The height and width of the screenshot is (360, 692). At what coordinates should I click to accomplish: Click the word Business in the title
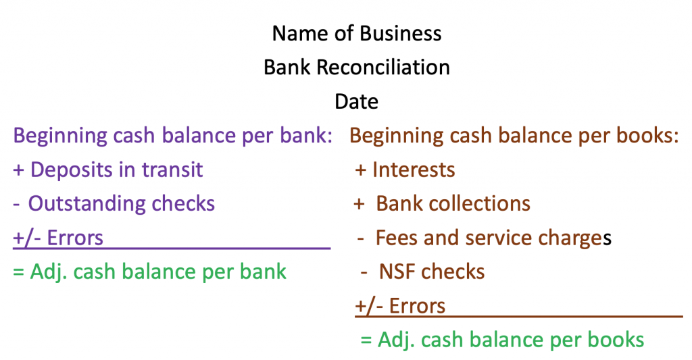pyautogui.click(x=400, y=34)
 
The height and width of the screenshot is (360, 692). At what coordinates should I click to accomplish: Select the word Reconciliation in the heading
pyautogui.click(x=383, y=68)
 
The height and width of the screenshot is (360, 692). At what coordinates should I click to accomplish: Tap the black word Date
pyautogui.click(x=357, y=101)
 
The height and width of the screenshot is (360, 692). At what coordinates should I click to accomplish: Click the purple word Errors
pyautogui.click(x=75, y=238)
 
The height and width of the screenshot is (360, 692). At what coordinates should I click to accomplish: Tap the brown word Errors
pyautogui.click(x=417, y=306)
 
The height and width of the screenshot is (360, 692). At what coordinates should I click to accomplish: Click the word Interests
pyautogui.click(x=414, y=170)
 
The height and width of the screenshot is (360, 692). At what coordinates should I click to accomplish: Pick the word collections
pyautogui.click(x=479, y=204)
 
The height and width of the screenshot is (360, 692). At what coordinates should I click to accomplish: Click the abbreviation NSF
pyautogui.click(x=397, y=272)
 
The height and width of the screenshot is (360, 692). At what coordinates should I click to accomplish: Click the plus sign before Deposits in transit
pyautogui.click(x=18, y=170)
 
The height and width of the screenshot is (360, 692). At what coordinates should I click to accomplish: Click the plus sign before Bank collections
pyautogui.click(x=360, y=204)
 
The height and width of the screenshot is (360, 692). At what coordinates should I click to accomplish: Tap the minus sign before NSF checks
pyautogui.click(x=364, y=273)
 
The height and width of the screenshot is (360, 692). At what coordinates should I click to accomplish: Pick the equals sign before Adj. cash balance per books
pyautogui.click(x=366, y=340)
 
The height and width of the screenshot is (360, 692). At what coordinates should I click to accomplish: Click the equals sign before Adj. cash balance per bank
pyautogui.click(x=18, y=272)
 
